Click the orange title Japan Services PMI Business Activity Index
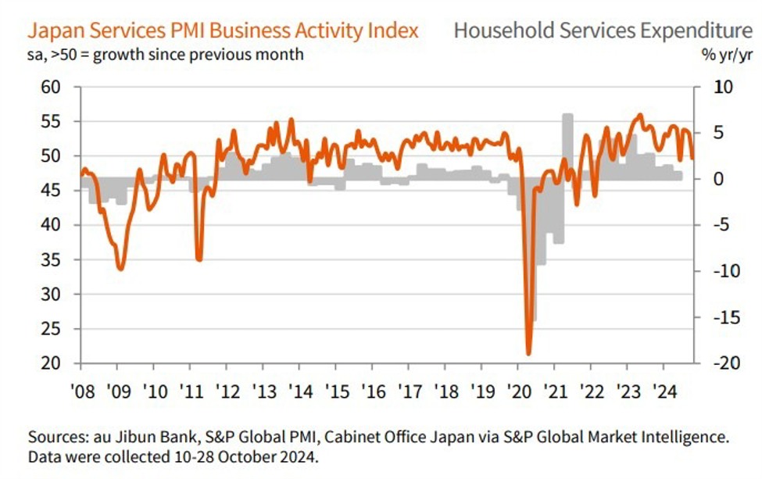[223, 30]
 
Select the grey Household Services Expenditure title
[599, 30]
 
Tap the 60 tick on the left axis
[52, 87]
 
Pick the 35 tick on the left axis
[52, 260]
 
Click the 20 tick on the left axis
[52, 364]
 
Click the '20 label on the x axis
[518, 391]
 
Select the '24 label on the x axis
[664, 391]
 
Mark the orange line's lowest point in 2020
[529, 353]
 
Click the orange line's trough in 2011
[199, 259]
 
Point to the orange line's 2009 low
[120, 269]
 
